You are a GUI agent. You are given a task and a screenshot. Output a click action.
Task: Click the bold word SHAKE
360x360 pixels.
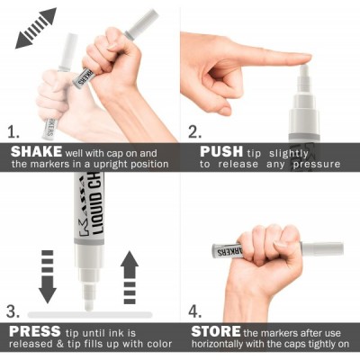pyautogui.click(x=36, y=152)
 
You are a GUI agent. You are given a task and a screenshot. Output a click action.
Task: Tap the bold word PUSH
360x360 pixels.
pyautogui.click(x=221, y=152)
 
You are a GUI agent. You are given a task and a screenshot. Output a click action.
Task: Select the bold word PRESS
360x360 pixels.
pyautogui.click(x=35, y=332)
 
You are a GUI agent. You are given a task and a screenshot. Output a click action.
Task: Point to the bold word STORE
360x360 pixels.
pyautogui.click(x=216, y=332)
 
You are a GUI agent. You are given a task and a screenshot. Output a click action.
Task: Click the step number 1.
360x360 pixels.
pyautogui.click(x=13, y=131)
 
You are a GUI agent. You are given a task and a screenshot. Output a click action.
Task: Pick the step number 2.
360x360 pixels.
pyautogui.click(x=194, y=131)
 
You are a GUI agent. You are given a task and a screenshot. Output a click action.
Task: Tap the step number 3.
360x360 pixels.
pyautogui.click(x=13, y=311)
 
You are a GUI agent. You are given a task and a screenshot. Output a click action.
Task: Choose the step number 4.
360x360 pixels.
pyautogui.click(x=194, y=311)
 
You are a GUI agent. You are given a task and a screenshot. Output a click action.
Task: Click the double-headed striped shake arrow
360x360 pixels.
pyautogui.click(x=36, y=28)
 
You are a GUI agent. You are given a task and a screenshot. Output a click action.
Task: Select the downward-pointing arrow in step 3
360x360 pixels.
pyautogui.click(x=48, y=276)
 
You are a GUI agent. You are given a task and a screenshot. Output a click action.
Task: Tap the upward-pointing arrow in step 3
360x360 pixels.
pyautogui.click(x=130, y=277)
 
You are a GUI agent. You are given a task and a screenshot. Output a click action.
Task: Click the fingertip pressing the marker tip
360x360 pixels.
pyautogui.click(x=303, y=59)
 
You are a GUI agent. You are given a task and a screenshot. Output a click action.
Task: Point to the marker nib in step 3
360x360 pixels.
pyautogui.click(x=88, y=305)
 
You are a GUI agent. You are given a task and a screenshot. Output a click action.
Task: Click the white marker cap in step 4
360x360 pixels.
pyautogui.click(x=322, y=249)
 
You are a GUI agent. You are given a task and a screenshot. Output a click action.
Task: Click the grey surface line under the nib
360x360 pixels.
pyautogui.click(x=90, y=315)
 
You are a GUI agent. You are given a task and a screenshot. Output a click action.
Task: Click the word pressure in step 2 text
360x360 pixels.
pyautogui.click(x=317, y=165)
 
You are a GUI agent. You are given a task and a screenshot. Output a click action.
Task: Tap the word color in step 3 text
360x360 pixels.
pyautogui.click(x=160, y=344)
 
